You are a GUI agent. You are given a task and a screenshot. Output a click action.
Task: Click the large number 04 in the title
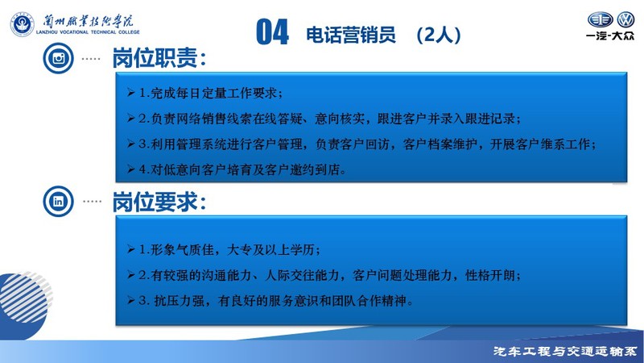[x=272, y=32]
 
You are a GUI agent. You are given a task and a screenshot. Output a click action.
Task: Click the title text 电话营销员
[x=351, y=35]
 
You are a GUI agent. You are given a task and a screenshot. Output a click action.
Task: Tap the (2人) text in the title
[x=438, y=35]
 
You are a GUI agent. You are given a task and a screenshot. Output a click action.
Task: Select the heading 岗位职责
[x=159, y=58]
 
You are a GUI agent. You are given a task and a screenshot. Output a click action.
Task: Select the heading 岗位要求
[x=159, y=202]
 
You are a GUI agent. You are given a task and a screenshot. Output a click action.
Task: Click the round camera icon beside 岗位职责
[x=58, y=58]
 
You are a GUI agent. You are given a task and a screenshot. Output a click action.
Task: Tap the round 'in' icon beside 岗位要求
[x=58, y=201]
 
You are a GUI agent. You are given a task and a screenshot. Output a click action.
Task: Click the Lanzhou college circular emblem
[x=23, y=24]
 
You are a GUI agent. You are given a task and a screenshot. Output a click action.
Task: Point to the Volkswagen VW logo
[x=626, y=19]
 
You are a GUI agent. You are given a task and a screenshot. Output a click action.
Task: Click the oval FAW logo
[x=600, y=19]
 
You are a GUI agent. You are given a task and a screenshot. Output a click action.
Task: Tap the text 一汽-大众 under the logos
[x=610, y=35]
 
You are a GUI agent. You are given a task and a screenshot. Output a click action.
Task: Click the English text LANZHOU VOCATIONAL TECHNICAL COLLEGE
[x=88, y=32]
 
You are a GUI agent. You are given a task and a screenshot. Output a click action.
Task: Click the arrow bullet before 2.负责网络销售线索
[x=131, y=119]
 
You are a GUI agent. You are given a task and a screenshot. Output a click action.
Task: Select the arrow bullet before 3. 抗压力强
[x=131, y=300]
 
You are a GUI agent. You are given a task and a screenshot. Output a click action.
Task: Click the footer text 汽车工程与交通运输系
[x=565, y=352]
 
